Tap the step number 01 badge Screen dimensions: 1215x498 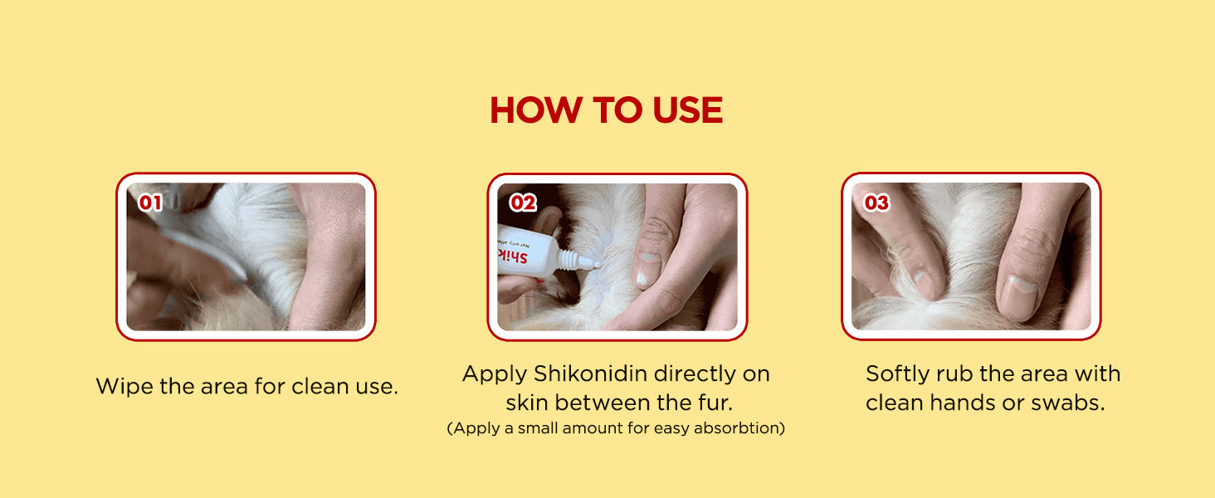(x=150, y=203)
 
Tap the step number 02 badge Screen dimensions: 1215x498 (x=523, y=203)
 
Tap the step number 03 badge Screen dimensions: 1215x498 (x=876, y=203)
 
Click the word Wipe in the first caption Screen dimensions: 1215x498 (x=124, y=386)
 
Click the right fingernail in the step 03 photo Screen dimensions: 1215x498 (x=1018, y=297)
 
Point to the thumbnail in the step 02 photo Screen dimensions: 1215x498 (x=646, y=268)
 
